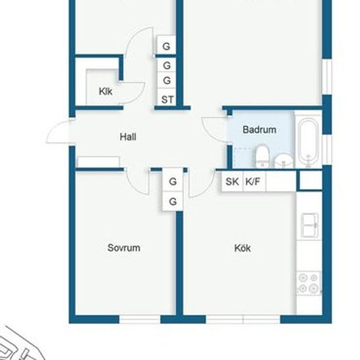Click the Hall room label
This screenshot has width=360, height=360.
[x=128, y=137]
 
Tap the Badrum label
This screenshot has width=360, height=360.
[x=259, y=130]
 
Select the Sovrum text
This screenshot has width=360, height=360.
[x=124, y=247]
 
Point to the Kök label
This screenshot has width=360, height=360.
[x=242, y=248]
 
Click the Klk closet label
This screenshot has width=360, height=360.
[x=105, y=92]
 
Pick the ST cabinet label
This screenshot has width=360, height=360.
[x=168, y=99]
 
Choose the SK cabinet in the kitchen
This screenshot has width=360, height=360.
[x=232, y=181]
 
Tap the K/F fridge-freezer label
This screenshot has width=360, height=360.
[x=253, y=181]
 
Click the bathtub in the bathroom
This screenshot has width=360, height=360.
[x=308, y=142]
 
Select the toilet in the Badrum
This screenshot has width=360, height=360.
[x=262, y=156]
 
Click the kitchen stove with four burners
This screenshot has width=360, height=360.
[x=308, y=283]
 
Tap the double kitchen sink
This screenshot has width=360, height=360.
[x=310, y=225]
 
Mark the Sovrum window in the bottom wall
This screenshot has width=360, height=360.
[x=139, y=319]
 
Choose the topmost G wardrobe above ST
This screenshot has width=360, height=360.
[x=166, y=46]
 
